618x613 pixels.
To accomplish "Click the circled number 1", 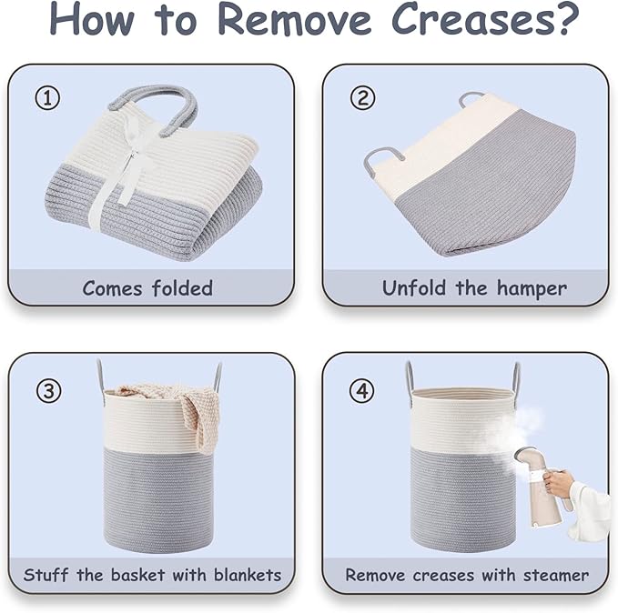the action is [x=47, y=98].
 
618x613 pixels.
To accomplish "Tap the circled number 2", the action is [x=362, y=98].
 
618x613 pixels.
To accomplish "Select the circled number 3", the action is [x=49, y=390].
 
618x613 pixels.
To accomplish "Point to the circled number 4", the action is [x=362, y=391].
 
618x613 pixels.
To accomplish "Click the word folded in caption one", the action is [x=182, y=288].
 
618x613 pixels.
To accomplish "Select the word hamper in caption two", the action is [x=532, y=289].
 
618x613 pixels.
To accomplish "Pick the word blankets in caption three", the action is [x=248, y=575].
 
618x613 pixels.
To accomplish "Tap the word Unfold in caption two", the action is [x=415, y=287].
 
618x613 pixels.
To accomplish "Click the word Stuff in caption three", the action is [x=46, y=575].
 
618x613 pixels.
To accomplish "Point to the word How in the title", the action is [x=91, y=19].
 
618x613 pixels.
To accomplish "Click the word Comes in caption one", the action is [x=112, y=289].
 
